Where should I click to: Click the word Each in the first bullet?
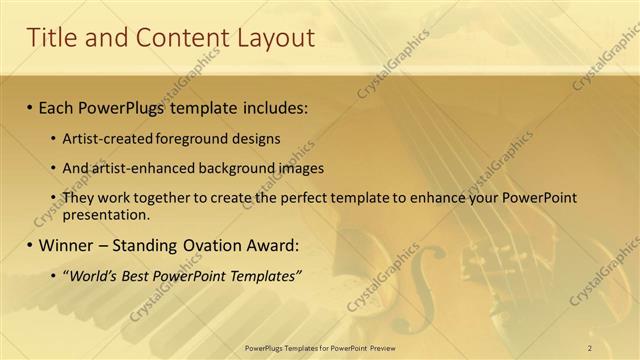pos(56,106)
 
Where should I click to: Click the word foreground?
pos(188,138)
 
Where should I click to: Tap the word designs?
pos(254,138)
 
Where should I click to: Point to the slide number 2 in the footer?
pos(589,348)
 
